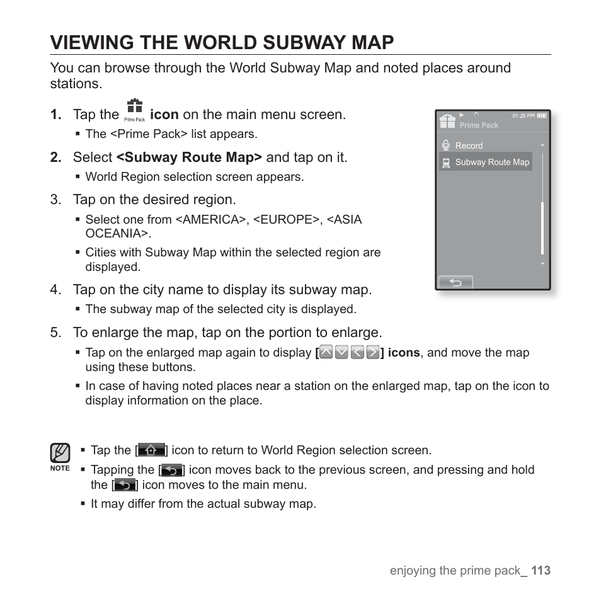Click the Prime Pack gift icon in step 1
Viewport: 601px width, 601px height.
pos(134,108)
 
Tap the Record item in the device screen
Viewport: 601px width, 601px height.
pos(469,146)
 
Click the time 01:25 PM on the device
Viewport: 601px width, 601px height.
pos(523,116)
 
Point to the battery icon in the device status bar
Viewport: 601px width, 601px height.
pos(542,116)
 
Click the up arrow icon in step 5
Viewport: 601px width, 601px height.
pos(326,353)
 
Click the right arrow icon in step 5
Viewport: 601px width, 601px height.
pos(372,353)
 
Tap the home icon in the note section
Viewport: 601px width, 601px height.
pos(151,450)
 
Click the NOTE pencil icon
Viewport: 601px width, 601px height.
pos(60,452)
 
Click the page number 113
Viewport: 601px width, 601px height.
pos(541,570)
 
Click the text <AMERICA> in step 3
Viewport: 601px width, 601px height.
pos(211,220)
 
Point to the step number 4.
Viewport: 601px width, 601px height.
pos(55,290)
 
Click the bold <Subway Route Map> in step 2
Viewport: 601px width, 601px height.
pos(189,157)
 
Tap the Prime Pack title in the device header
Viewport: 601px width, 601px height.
pos(479,125)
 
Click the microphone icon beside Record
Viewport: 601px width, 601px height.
pos(446,145)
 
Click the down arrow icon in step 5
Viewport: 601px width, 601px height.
pos(341,353)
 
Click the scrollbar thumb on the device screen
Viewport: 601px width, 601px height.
pos(542,228)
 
